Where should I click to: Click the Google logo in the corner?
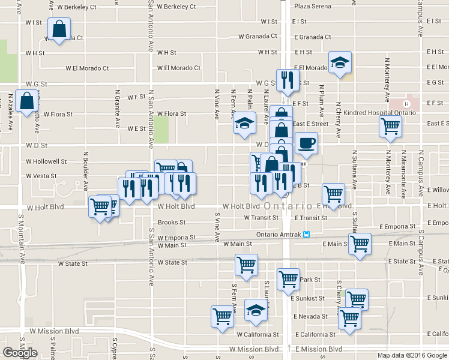pyautogui.click(x=20, y=353)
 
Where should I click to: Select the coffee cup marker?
pyautogui.click(x=306, y=143)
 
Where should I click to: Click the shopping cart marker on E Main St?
pyautogui.click(x=360, y=244)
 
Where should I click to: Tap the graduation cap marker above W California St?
pyautogui.click(x=256, y=310)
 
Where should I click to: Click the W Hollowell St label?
pyautogui.click(x=46, y=161)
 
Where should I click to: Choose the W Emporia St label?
pyautogui.click(x=176, y=238)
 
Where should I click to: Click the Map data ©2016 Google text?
pyautogui.click(x=412, y=355)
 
